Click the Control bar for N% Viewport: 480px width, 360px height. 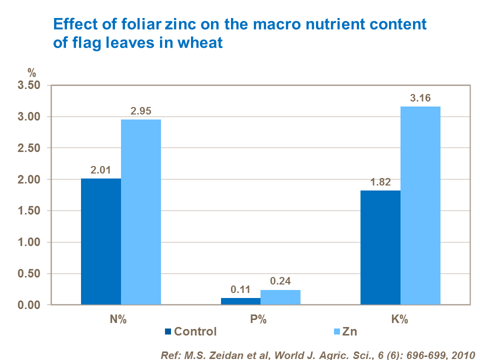pyautogui.click(x=101, y=241)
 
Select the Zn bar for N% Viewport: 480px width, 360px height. pyautogui.click(x=141, y=212)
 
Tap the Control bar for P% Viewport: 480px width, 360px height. pyautogui.click(x=240, y=301)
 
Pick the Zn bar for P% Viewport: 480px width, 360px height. pyautogui.click(x=280, y=297)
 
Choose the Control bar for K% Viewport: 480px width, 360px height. pyautogui.click(x=380, y=247)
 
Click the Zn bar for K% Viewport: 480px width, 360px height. pyautogui.click(x=420, y=205)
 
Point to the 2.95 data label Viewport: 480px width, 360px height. pyautogui.click(x=141, y=111)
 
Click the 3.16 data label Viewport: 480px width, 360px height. pyautogui.click(x=420, y=98)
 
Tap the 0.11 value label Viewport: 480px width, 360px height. pyautogui.click(x=240, y=289)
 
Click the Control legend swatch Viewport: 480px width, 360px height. pyautogui.click(x=168, y=331)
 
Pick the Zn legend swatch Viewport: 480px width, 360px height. pyautogui.click(x=335, y=331)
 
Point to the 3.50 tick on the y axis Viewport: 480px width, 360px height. pyautogui.click(x=29, y=85)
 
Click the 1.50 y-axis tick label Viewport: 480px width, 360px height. pyautogui.click(x=29, y=211)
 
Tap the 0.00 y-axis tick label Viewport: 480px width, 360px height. pyautogui.click(x=29, y=305)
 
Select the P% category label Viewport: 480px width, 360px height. pyautogui.click(x=260, y=320)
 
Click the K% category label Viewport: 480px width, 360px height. pyautogui.click(x=400, y=320)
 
